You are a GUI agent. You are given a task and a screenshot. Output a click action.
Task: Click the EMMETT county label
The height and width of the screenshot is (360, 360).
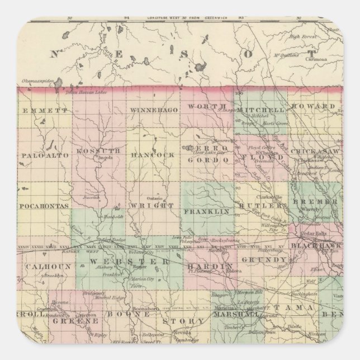click(42, 111)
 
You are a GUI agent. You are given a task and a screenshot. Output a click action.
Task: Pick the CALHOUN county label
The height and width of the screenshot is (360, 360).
click(42, 267)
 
